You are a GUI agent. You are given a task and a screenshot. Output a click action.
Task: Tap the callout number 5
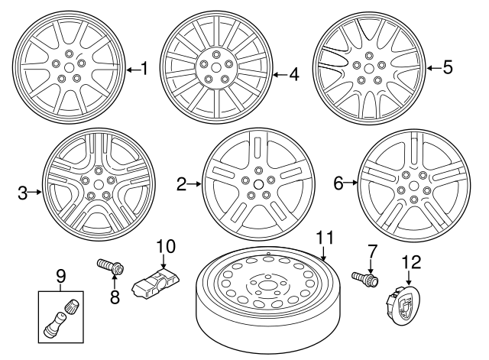click(448, 67)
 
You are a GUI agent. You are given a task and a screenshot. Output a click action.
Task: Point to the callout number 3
click(23, 193)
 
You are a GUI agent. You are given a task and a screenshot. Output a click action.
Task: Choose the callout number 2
click(182, 183)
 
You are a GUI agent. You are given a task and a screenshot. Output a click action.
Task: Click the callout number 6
click(338, 183)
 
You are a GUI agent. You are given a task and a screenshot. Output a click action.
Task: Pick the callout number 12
click(411, 262)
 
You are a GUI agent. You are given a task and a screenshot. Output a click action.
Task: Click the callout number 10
click(166, 247)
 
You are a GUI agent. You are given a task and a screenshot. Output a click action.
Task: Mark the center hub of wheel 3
click(97, 183)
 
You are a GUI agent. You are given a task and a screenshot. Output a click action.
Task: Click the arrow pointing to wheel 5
click(432, 68)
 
